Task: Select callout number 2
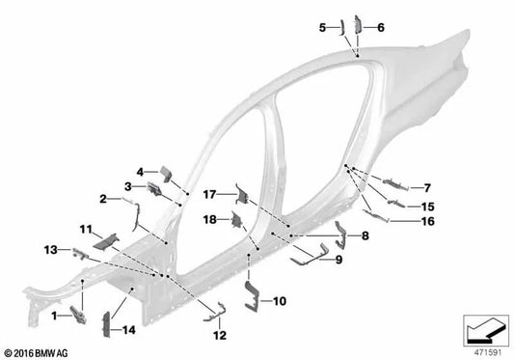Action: pos(103,199)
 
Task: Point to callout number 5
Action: pos(323,28)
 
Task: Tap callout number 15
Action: pos(427,207)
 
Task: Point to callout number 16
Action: pos(428,221)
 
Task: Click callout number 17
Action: pos(211,195)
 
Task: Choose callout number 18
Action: pos(209,220)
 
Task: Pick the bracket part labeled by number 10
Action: pos(253,295)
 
